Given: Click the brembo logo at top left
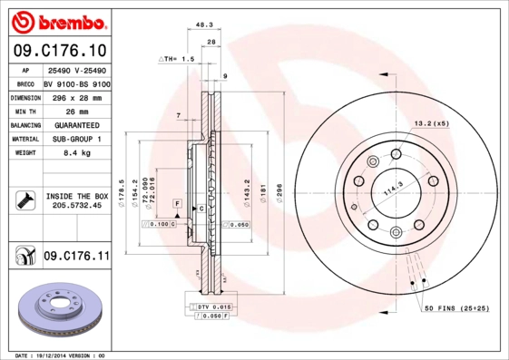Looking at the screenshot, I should coord(56,21).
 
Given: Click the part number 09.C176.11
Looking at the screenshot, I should coord(76,257).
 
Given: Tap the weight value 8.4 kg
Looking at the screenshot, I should coord(75,153).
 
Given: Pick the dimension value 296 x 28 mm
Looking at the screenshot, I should coord(76,96).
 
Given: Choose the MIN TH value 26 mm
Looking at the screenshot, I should coord(75,111).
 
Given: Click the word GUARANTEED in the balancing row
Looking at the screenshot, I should coord(76,125).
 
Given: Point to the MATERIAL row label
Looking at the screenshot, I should coord(24,140).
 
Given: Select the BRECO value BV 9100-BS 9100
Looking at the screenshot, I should coord(77,83).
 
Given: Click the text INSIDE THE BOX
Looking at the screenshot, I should coord(76,196).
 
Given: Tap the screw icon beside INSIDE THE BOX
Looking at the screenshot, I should coord(24,200).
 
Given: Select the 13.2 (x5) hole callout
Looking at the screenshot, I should coord(431,122).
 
